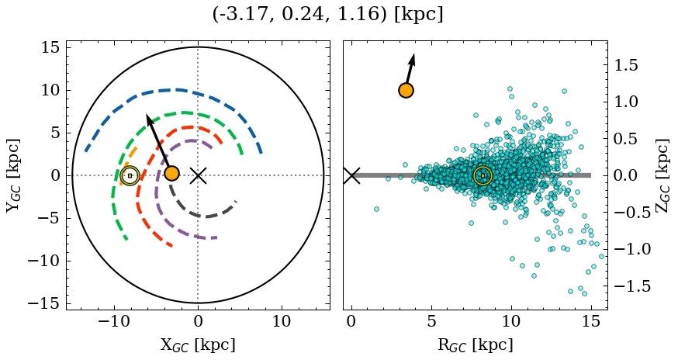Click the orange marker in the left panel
click(x=171, y=173)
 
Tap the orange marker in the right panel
click(x=406, y=90)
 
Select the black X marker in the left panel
click(x=198, y=175)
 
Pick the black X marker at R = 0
click(x=351, y=175)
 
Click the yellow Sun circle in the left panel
click(x=130, y=175)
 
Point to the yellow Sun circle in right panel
click(x=483, y=175)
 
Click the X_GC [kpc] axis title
click(x=198, y=344)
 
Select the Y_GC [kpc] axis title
click(x=13, y=175)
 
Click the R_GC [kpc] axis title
click(x=475, y=344)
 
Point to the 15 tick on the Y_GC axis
click(x=49, y=48)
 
